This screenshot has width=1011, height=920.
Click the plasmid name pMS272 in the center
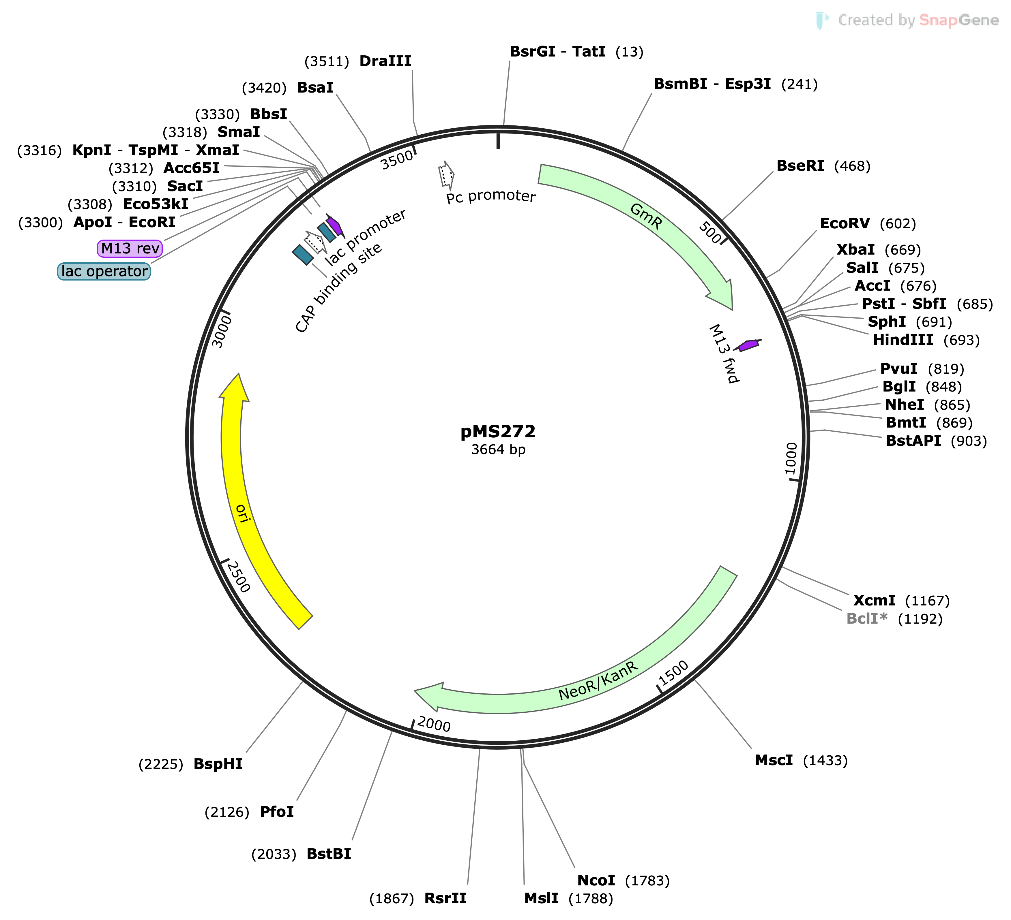(x=498, y=431)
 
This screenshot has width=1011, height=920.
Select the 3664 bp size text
(x=498, y=449)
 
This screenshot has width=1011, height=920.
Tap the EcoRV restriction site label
(x=845, y=223)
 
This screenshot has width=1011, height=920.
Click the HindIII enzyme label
(x=903, y=340)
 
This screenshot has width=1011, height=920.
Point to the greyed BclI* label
(x=866, y=619)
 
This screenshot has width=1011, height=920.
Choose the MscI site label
(x=774, y=761)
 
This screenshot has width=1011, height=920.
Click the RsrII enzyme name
(x=445, y=898)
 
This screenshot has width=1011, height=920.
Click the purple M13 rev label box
(x=130, y=248)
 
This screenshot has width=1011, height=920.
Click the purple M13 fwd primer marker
(x=748, y=345)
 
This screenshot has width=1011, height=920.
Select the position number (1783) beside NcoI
(x=647, y=881)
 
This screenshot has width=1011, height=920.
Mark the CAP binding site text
(x=338, y=288)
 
